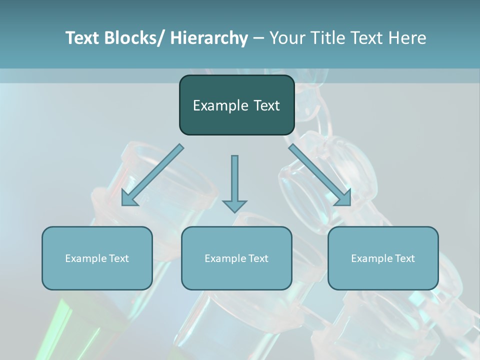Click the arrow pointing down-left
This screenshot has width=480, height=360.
click(x=151, y=176)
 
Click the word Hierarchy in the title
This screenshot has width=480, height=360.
click(x=209, y=38)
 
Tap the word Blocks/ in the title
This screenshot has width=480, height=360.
click(x=132, y=38)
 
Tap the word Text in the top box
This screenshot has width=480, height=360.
click(x=266, y=105)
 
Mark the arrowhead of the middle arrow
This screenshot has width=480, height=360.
click(x=234, y=205)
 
